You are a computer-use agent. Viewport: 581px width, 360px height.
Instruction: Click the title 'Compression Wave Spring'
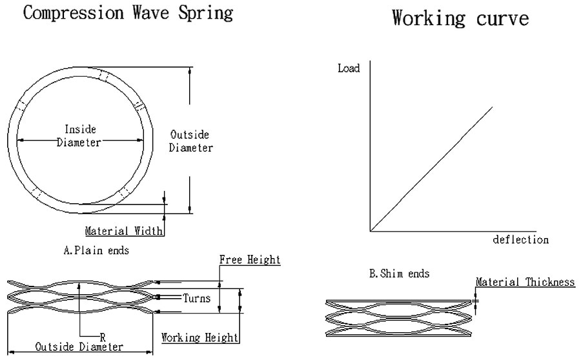pyautogui.click(x=128, y=13)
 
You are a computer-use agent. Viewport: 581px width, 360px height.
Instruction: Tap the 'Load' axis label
pyautogui.click(x=349, y=68)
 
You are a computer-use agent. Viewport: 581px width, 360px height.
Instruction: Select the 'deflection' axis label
pyautogui.click(x=520, y=240)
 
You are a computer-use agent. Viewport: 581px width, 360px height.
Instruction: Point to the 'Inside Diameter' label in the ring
pyautogui.click(x=80, y=135)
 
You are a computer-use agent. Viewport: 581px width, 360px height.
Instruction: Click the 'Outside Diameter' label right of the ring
pyautogui.click(x=190, y=141)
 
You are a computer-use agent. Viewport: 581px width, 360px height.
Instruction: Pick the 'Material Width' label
pyautogui.click(x=124, y=230)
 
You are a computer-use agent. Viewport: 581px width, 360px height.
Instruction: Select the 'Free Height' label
pyautogui.click(x=250, y=260)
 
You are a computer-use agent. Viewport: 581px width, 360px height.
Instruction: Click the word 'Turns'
pyautogui.click(x=197, y=299)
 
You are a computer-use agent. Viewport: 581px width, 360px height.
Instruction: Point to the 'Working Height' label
pyautogui.click(x=199, y=337)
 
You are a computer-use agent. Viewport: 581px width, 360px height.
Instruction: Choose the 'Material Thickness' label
pyautogui.click(x=525, y=282)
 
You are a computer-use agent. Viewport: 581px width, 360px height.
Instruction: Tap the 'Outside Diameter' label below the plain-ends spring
pyautogui.click(x=79, y=347)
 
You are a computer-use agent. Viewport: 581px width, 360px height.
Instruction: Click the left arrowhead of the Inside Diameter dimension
pyautogui.click(x=20, y=139)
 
